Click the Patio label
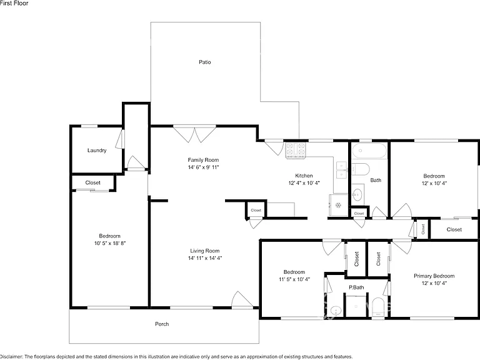click(205, 62)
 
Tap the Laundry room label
click(97, 150)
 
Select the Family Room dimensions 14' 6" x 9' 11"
click(203, 167)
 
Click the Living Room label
click(205, 251)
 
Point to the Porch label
click(162, 324)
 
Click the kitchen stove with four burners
click(296, 150)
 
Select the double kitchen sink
click(341, 170)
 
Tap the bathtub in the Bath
click(369, 151)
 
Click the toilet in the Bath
click(360, 169)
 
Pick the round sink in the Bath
click(357, 194)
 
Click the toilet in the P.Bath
click(378, 307)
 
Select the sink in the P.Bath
click(336, 311)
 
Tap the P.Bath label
click(356, 287)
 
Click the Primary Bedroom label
click(434, 276)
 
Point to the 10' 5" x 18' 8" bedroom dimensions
click(110, 243)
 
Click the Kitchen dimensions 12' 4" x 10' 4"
click(304, 183)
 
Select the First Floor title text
click(14, 3)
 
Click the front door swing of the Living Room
click(242, 299)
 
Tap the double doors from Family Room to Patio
click(195, 134)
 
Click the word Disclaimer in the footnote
click(12, 357)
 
